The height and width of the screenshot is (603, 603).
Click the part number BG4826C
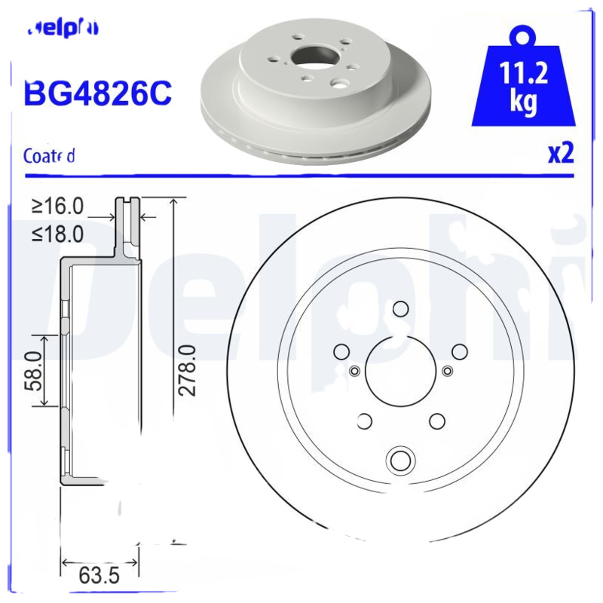pos(98,93)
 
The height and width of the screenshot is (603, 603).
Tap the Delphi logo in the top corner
pos(63,29)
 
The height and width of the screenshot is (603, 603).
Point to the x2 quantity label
pos(560,154)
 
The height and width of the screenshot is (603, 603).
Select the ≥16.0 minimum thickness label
pos(57,206)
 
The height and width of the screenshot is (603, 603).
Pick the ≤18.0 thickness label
pos(57,234)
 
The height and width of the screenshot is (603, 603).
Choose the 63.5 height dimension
pos(99,577)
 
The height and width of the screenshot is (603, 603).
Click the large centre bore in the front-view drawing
pos(400,369)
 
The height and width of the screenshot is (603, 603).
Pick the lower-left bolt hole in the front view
pos(364,421)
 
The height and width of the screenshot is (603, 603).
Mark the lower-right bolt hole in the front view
pos(436,421)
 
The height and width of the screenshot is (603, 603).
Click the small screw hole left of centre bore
pos(354,370)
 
